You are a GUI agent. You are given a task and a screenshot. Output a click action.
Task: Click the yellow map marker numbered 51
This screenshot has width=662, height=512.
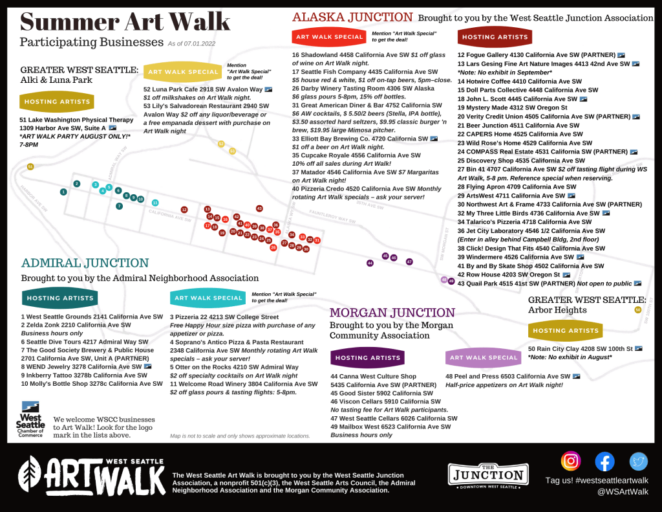(30, 167)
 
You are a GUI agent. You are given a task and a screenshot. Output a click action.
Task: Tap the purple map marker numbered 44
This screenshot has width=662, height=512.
(370, 263)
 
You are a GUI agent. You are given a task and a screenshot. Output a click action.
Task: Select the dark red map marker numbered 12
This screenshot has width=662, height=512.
(184, 210)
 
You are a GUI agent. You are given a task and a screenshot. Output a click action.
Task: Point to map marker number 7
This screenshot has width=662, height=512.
(119, 206)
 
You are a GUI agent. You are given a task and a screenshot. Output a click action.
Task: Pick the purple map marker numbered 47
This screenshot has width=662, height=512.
(409, 262)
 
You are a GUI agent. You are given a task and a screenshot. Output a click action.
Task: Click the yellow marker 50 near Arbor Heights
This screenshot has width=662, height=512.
(638, 310)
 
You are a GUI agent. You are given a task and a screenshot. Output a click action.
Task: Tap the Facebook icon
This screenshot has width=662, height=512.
(604, 461)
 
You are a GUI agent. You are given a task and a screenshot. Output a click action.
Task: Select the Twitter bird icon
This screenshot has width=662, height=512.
(639, 461)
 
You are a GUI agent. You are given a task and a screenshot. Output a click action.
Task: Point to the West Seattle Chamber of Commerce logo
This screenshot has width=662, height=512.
(30, 419)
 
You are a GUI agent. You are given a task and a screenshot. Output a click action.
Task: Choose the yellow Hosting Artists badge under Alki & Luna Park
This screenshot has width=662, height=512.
(57, 102)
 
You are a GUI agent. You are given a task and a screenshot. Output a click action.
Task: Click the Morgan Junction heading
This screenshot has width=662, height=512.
(392, 313)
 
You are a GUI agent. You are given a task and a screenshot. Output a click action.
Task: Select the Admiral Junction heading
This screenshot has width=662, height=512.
(85, 263)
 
